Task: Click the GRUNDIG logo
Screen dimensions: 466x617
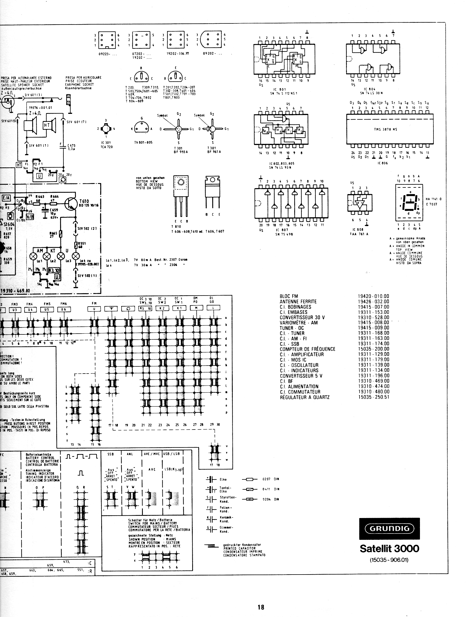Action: point(389,528)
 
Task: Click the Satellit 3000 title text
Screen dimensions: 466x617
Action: point(389,548)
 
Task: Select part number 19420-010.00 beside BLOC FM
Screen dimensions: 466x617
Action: point(373,296)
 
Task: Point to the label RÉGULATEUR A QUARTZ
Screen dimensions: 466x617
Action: point(304,397)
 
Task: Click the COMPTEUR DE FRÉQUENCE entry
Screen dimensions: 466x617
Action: point(307,349)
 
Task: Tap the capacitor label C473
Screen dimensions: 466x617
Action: point(71,146)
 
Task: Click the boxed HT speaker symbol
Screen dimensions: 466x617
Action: point(46,125)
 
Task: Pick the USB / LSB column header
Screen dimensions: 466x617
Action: point(171,454)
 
